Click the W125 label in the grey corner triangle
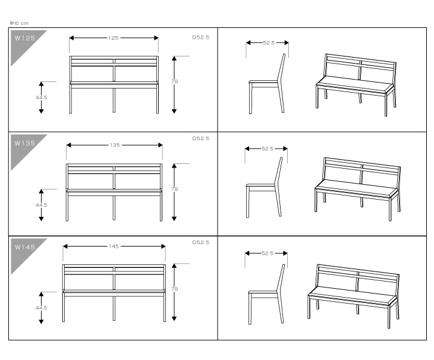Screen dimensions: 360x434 (x=25, y=38)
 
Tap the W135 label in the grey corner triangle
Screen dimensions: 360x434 (x=25, y=144)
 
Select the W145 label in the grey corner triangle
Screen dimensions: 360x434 (x=25, y=247)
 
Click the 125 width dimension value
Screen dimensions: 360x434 (x=114, y=37)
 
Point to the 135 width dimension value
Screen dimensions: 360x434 (x=115, y=145)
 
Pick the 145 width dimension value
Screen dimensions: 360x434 (x=114, y=246)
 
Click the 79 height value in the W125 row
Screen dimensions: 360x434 (x=174, y=83)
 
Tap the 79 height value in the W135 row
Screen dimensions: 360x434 (x=174, y=190)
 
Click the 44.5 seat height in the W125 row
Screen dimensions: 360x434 (x=41, y=97)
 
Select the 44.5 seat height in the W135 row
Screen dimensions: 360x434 (x=41, y=204)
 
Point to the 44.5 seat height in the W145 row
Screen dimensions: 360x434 (x=41, y=308)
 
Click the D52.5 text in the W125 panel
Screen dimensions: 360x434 (x=201, y=36)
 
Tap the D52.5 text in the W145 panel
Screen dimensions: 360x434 (x=201, y=242)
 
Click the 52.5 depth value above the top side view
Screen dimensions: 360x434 (x=269, y=43)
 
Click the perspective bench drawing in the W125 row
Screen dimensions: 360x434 (x=356, y=84)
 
